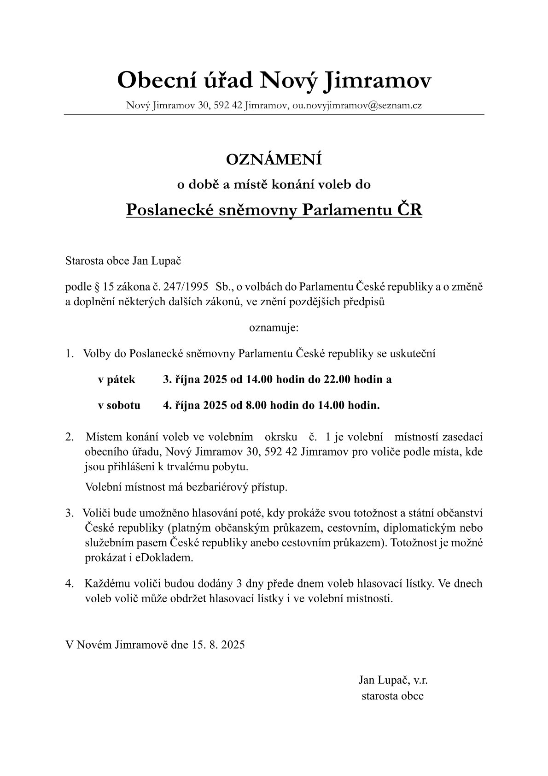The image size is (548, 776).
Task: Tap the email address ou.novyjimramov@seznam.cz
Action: pos(357,106)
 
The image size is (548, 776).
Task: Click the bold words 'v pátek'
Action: pos(117,379)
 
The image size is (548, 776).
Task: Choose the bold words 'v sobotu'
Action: pos(119,405)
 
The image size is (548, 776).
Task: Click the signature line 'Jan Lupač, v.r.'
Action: pos(393,680)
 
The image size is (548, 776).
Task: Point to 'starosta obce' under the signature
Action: pos(392,696)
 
